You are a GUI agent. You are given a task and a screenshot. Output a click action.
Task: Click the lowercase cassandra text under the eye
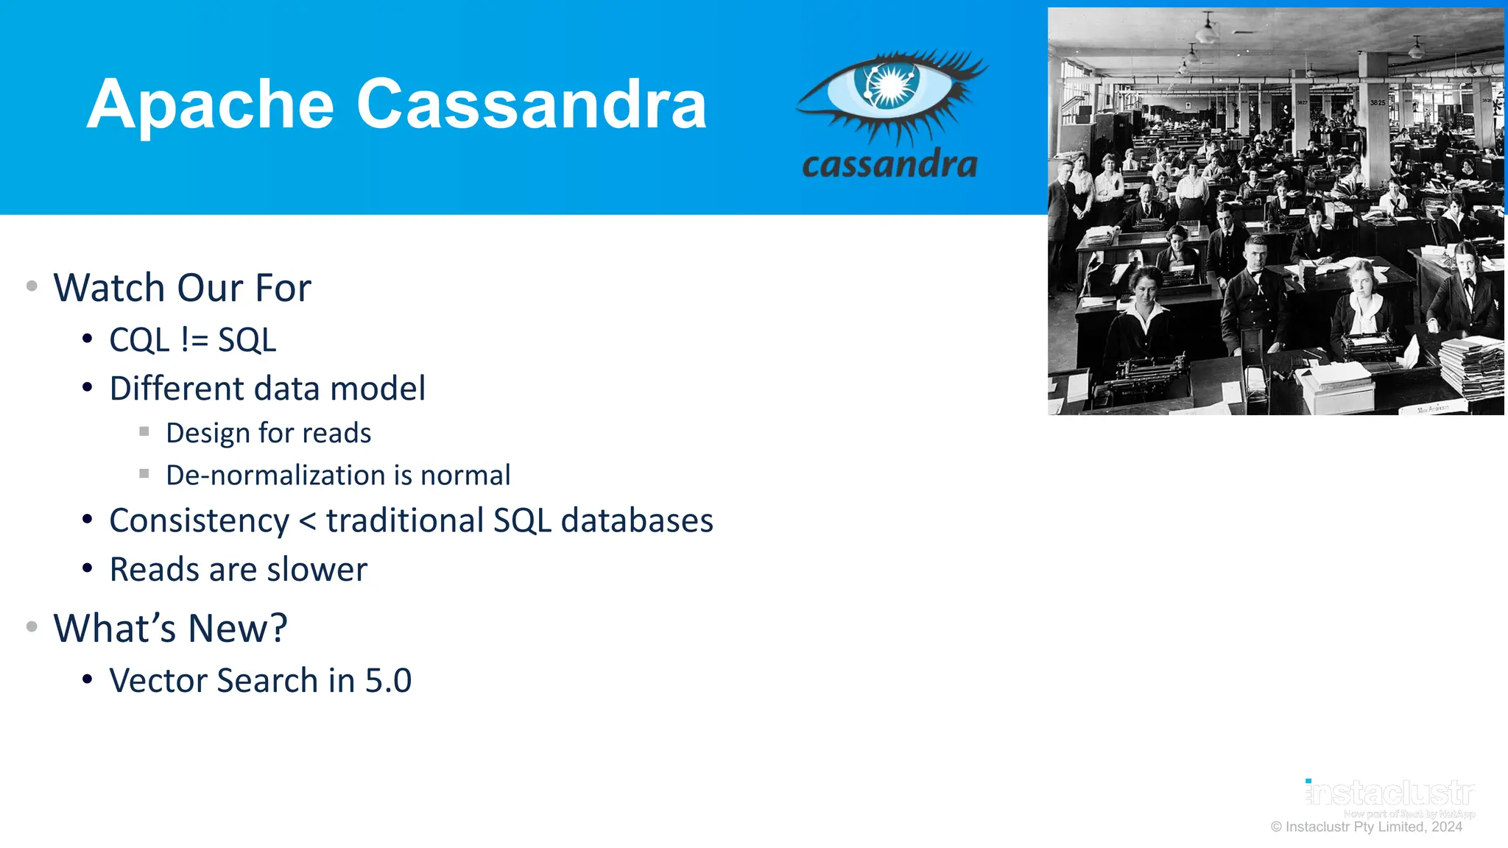coord(889,164)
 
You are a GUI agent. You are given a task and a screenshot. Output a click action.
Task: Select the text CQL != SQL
coord(192,340)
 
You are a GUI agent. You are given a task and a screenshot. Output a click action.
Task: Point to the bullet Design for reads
coord(268,433)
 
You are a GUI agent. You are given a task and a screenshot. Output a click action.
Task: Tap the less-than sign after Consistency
coord(308,521)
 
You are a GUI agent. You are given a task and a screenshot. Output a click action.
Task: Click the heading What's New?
coord(170,629)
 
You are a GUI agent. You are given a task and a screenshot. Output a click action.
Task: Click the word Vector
coord(158,681)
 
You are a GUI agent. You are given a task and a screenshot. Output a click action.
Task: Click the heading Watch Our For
coord(182,288)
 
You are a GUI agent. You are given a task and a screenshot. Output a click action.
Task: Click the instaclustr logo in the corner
coord(1389,794)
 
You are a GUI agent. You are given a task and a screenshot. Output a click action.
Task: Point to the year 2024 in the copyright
coord(1446,827)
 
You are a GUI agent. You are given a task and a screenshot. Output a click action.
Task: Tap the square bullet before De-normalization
coord(144,473)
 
